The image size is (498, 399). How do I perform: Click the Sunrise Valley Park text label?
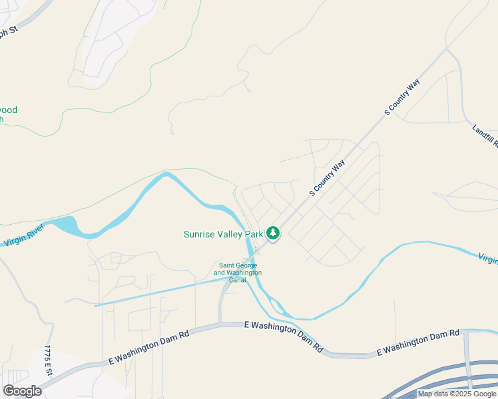click(x=223, y=234)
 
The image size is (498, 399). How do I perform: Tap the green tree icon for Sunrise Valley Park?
click(x=272, y=233)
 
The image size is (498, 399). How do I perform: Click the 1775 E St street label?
click(x=47, y=362)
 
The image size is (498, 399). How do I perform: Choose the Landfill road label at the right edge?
click(x=484, y=137)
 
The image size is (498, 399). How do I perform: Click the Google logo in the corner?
click(x=22, y=390)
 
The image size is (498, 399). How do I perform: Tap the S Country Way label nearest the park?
click(x=328, y=178)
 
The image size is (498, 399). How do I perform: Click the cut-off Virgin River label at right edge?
click(x=487, y=257)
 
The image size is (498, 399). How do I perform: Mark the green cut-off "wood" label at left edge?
click(x=8, y=110)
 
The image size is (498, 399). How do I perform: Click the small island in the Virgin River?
click(x=278, y=307)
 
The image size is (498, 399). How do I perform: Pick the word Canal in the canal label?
click(x=238, y=280)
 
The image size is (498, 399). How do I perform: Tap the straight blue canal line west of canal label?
click(x=160, y=292)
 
